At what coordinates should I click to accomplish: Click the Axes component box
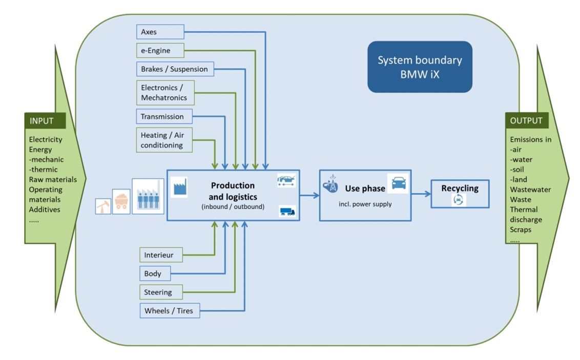[160, 32]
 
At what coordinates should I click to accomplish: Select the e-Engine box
[160, 51]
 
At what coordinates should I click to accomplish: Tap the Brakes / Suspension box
[175, 69]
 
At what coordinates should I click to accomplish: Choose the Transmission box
[164, 116]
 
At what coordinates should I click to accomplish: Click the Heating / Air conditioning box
[164, 140]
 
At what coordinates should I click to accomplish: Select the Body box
[154, 273]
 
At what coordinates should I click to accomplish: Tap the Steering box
[160, 292]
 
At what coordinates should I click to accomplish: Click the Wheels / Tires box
[169, 310]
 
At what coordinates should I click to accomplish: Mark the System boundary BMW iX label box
[420, 67]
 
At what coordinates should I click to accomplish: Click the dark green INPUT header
[45, 121]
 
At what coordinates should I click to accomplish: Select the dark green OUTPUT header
[527, 121]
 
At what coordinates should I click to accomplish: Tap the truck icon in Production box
[287, 211]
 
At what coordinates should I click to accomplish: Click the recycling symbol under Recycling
[459, 200]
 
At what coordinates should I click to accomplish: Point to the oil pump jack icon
[103, 206]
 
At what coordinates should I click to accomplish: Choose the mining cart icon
[121, 201]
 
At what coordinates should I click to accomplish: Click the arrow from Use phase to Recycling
[421, 194]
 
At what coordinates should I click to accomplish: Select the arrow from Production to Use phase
[309, 195]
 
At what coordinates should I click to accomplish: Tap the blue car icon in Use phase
[399, 183]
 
